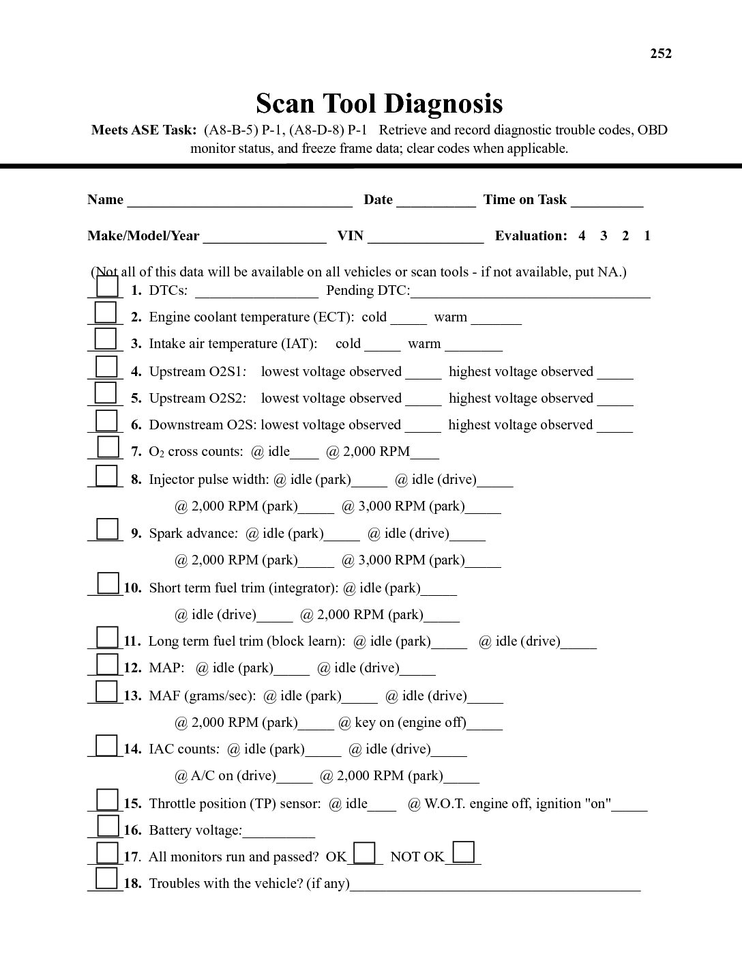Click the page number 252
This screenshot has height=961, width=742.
tap(660, 54)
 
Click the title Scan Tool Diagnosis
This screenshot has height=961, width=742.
tap(379, 104)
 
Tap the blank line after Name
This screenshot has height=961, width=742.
tap(239, 201)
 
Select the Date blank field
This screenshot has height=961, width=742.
tap(436, 201)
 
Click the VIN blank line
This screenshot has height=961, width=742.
tap(426, 237)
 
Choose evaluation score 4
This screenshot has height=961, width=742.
tap(582, 236)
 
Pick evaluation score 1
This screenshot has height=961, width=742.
tap(647, 236)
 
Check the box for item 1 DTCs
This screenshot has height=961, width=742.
tap(107, 286)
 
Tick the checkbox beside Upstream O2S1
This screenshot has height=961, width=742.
tap(106, 367)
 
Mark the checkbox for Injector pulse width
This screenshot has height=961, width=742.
tap(106, 474)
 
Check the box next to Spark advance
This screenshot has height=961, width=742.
tap(107, 528)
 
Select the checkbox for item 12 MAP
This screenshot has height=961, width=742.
tap(107, 663)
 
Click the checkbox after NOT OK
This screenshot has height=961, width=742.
tap(464, 852)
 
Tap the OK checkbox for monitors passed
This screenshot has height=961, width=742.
tap(365, 852)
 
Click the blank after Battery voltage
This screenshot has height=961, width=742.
tap(278, 832)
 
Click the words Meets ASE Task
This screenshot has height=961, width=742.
tap(144, 130)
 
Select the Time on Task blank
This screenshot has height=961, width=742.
tap(607, 201)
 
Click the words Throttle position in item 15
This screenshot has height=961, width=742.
tap(198, 804)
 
